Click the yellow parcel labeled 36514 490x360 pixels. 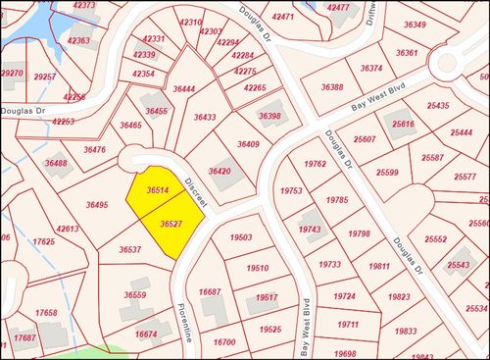pyautogui.click(x=158, y=190)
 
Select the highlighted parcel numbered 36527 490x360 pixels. pyautogui.click(x=172, y=225)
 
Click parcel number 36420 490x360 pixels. pyautogui.click(x=220, y=172)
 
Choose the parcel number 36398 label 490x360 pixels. pyautogui.click(x=269, y=117)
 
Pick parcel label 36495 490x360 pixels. pyautogui.click(x=97, y=205)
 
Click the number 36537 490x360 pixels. pyautogui.click(x=130, y=250)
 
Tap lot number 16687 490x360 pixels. pyautogui.click(x=210, y=292)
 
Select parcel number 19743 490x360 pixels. pyautogui.click(x=310, y=229)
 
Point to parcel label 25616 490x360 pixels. pyautogui.click(x=403, y=125)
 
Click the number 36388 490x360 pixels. pyautogui.click(x=332, y=87)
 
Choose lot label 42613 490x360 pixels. pyautogui.click(x=68, y=230)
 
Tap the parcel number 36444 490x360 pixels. pyautogui.click(x=183, y=89)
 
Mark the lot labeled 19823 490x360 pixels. pyautogui.click(x=399, y=297)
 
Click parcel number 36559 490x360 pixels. pyautogui.click(x=135, y=294)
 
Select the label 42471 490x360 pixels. pyautogui.click(x=283, y=18)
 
